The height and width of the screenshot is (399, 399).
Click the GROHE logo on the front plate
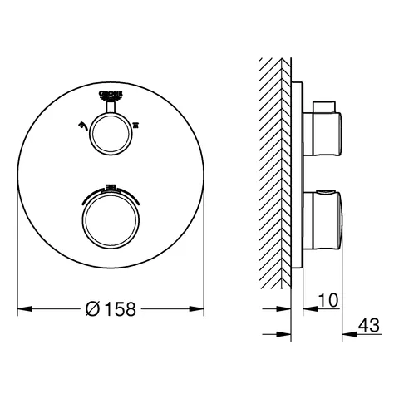coord(111,95)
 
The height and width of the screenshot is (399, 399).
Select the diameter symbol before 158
coord(92,308)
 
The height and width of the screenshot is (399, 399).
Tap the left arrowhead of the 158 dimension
coord(22,308)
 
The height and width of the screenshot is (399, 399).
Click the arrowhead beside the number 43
coord(347,334)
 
